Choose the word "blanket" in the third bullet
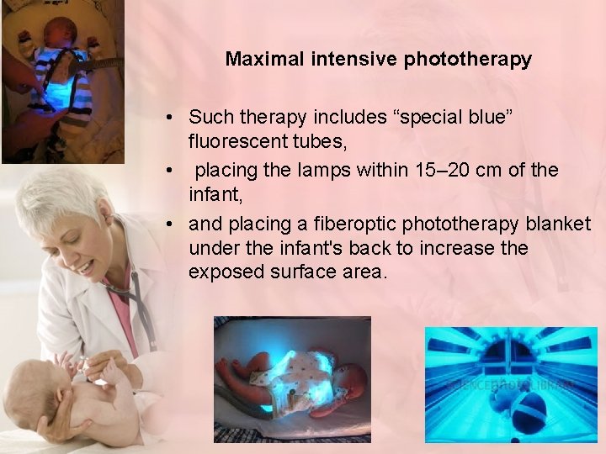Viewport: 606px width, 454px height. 561,224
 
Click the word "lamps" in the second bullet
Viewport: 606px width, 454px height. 324,170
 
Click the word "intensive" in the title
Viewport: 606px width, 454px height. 353,60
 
